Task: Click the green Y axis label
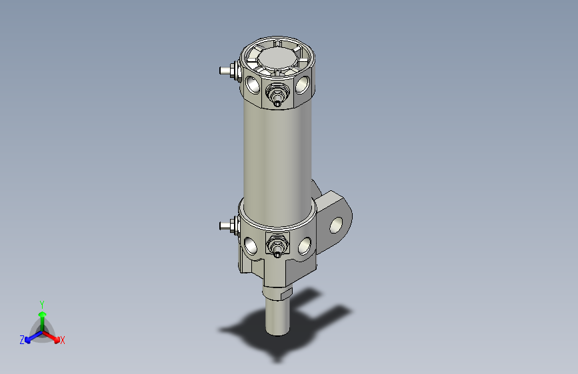coord(42,303)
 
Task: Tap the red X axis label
coord(63,341)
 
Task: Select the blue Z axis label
coord(22,340)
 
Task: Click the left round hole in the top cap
coord(253,84)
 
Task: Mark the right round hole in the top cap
coord(303,85)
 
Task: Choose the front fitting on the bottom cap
coord(275,246)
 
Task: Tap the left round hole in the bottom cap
coord(251,246)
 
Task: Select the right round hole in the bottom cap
coord(304,246)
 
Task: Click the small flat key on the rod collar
coord(287,293)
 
